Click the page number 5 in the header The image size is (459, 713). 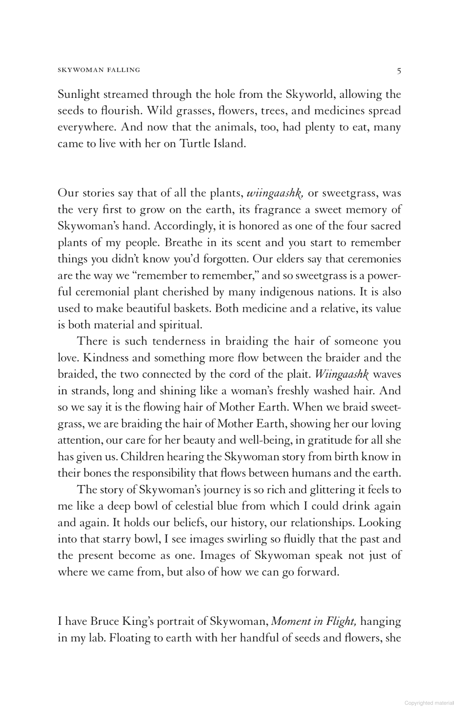point(399,71)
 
